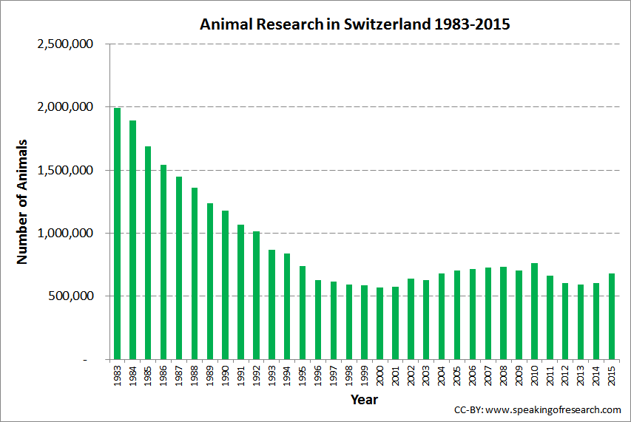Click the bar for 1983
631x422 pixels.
(x=117, y=234)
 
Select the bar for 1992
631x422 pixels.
(x=256, y=296)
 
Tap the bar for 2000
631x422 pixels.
(x=379, y=324)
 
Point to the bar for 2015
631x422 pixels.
(x=612, y=316)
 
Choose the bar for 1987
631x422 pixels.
(x=179, y=268)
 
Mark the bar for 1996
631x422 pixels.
(x=318, y=319)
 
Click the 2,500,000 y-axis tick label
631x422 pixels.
(x=64, y=44)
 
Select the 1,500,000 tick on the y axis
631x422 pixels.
(x=64, y=170)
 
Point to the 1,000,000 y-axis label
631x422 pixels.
(x=64, y=233)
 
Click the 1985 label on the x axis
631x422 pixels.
(x=149, y=375)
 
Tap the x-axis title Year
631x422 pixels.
(x=364, y=400)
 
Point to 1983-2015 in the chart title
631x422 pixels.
(x=474, y=24)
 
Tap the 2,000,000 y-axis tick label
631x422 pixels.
(x=64, y=107)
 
